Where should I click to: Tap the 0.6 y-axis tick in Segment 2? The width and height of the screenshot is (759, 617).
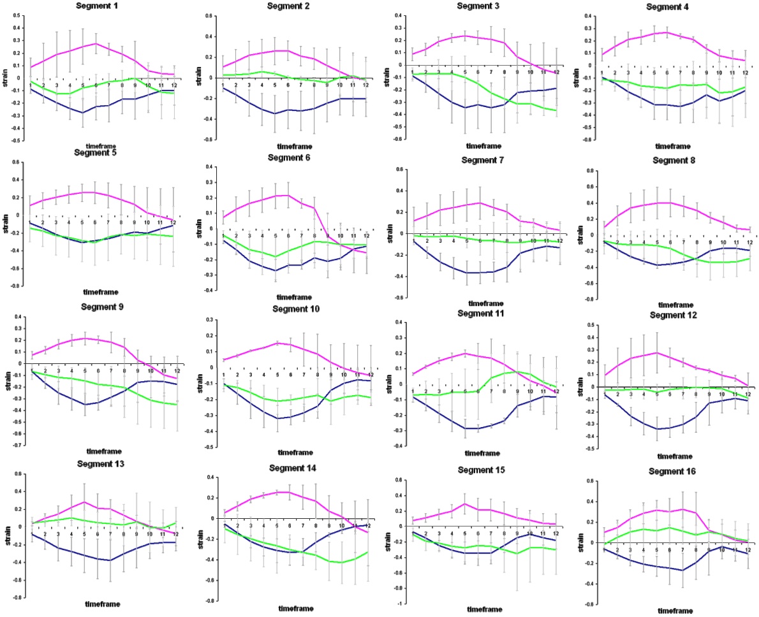click(211, 14)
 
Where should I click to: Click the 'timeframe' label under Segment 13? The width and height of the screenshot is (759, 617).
click(102, 604)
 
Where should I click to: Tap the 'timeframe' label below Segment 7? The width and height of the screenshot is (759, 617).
click(485, 303)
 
